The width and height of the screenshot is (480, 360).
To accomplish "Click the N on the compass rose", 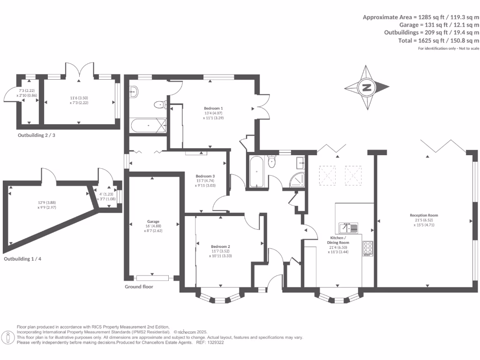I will tap(367, 87).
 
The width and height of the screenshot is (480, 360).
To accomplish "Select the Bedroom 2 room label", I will tap(220, 247).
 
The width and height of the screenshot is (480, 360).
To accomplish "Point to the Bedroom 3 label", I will tap(206, 176).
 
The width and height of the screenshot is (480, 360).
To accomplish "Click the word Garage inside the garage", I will tap(153, 221).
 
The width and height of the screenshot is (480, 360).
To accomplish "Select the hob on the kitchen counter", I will tap(367, 248).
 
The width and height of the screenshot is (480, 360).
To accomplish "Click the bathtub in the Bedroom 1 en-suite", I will tap(148, 126).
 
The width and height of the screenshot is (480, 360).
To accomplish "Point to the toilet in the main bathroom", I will tap(271, 162).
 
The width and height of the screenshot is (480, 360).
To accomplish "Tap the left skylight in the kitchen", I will tap(328, 176).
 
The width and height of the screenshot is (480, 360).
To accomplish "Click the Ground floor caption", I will tap(139, 286).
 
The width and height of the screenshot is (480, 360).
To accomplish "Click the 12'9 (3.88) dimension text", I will tap(47, 203).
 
